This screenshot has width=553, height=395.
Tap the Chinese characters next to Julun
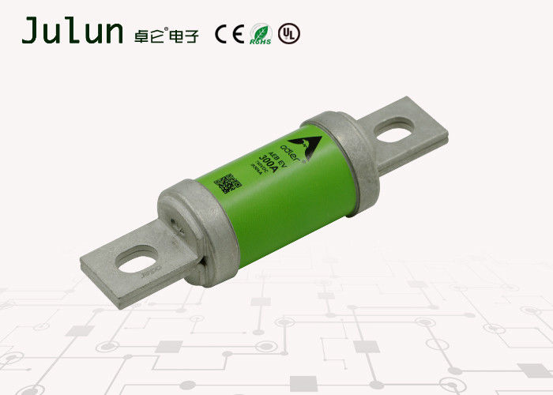167,32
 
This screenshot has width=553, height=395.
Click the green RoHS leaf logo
260,33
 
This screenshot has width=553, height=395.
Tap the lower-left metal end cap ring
198,231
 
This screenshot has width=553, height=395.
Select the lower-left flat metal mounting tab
134,261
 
